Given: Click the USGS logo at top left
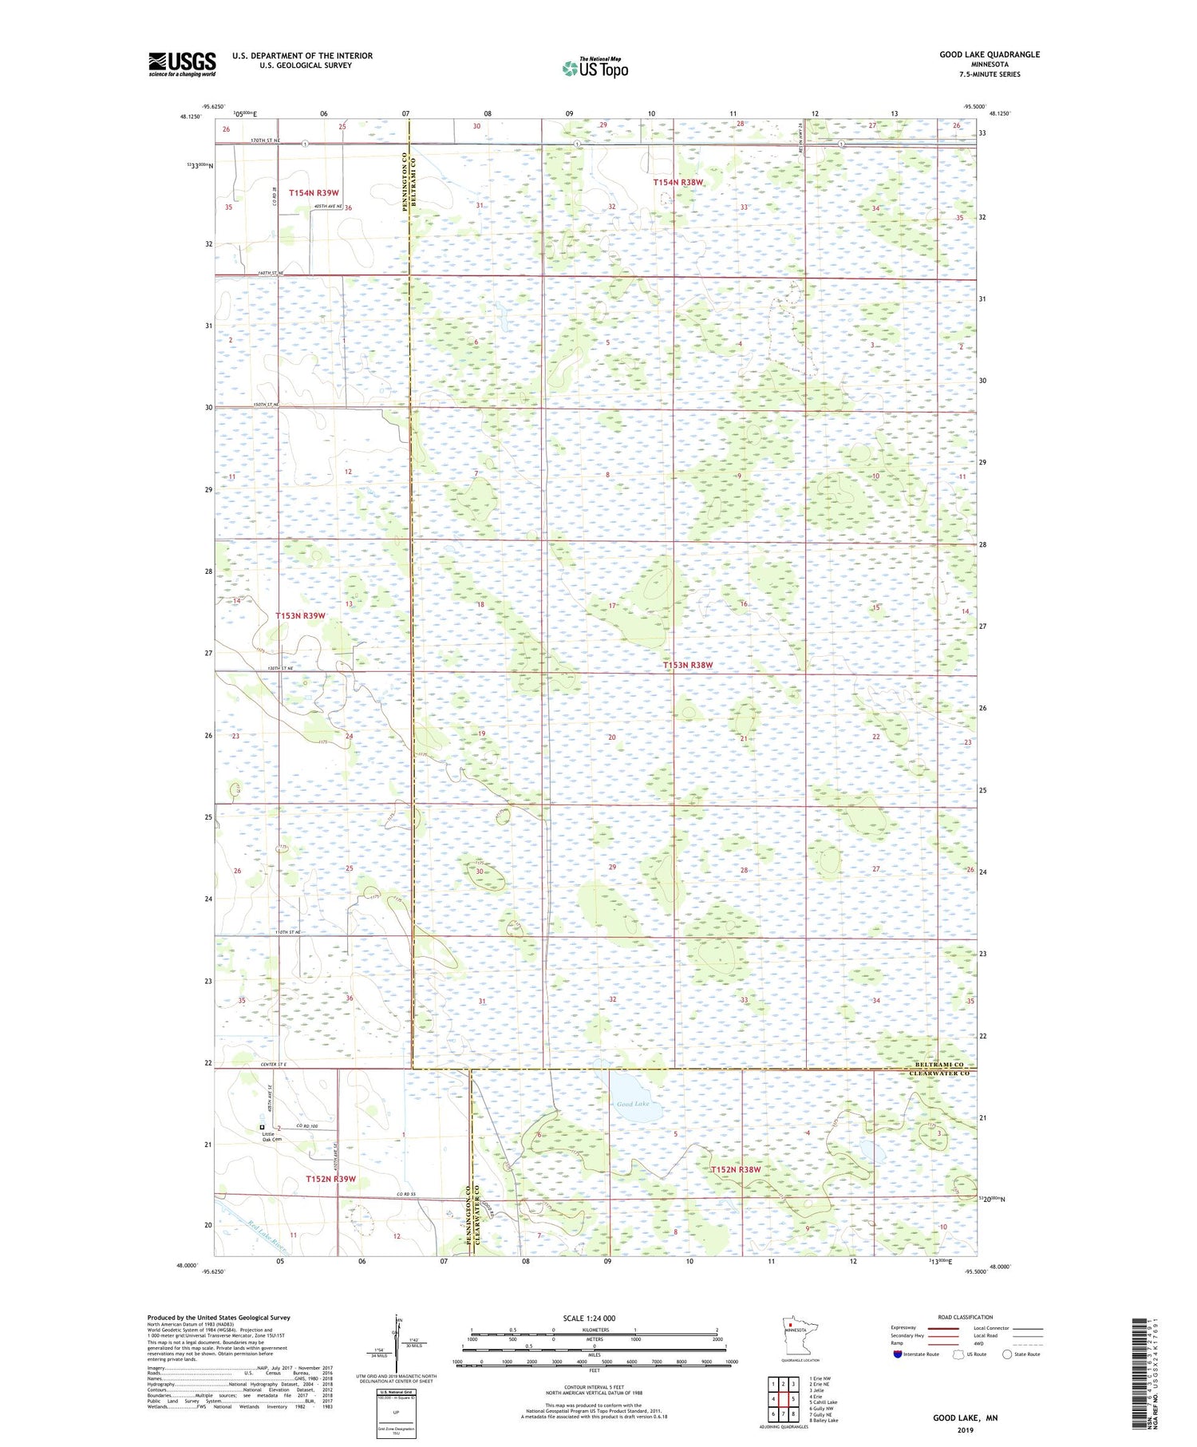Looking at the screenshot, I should tap(182, 64).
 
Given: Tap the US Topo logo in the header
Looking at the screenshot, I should tap(595, 68).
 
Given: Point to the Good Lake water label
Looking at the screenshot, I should tap(633, 1104).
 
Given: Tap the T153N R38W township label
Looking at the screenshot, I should tap(688, 665).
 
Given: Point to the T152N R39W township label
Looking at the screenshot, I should tap(330, 1179).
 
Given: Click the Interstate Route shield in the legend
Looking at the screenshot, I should tap(898, 1354).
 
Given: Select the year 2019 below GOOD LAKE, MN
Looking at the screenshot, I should tap(966, 1429).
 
